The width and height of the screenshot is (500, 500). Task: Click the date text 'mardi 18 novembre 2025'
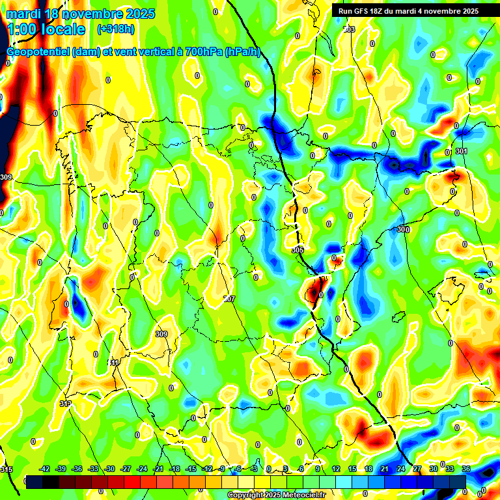[x=81, y=14]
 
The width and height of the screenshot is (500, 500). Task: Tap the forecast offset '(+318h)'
[x=116, y=29]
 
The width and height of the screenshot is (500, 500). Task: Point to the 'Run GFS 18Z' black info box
[x=406, y=11]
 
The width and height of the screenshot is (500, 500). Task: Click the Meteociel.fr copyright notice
[x=275, y=495]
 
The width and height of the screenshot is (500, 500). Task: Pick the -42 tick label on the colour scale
[x=45, y=469]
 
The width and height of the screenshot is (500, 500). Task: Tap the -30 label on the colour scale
[x=109, y=469]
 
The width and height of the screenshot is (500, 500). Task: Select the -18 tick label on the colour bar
[x=174, y=469]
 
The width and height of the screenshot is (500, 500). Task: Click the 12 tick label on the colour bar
[x=335, y=469]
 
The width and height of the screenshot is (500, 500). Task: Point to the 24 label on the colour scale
[x=400, y=469]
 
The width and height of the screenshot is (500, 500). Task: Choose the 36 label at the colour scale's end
[x=465, y=469]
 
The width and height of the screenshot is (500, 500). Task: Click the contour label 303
[x=350, y=30]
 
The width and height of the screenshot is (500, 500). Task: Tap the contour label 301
[x=462, y=151]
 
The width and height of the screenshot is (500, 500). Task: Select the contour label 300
[x=403, y=229]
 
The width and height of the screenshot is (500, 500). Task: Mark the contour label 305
[x=298, y=250]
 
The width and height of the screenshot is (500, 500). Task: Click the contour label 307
[x=229, y=299]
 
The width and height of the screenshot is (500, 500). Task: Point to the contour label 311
[x=114, y=363]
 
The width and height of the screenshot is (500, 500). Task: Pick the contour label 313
[x=65, y=404]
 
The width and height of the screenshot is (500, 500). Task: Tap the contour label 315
[x=7, y=469]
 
